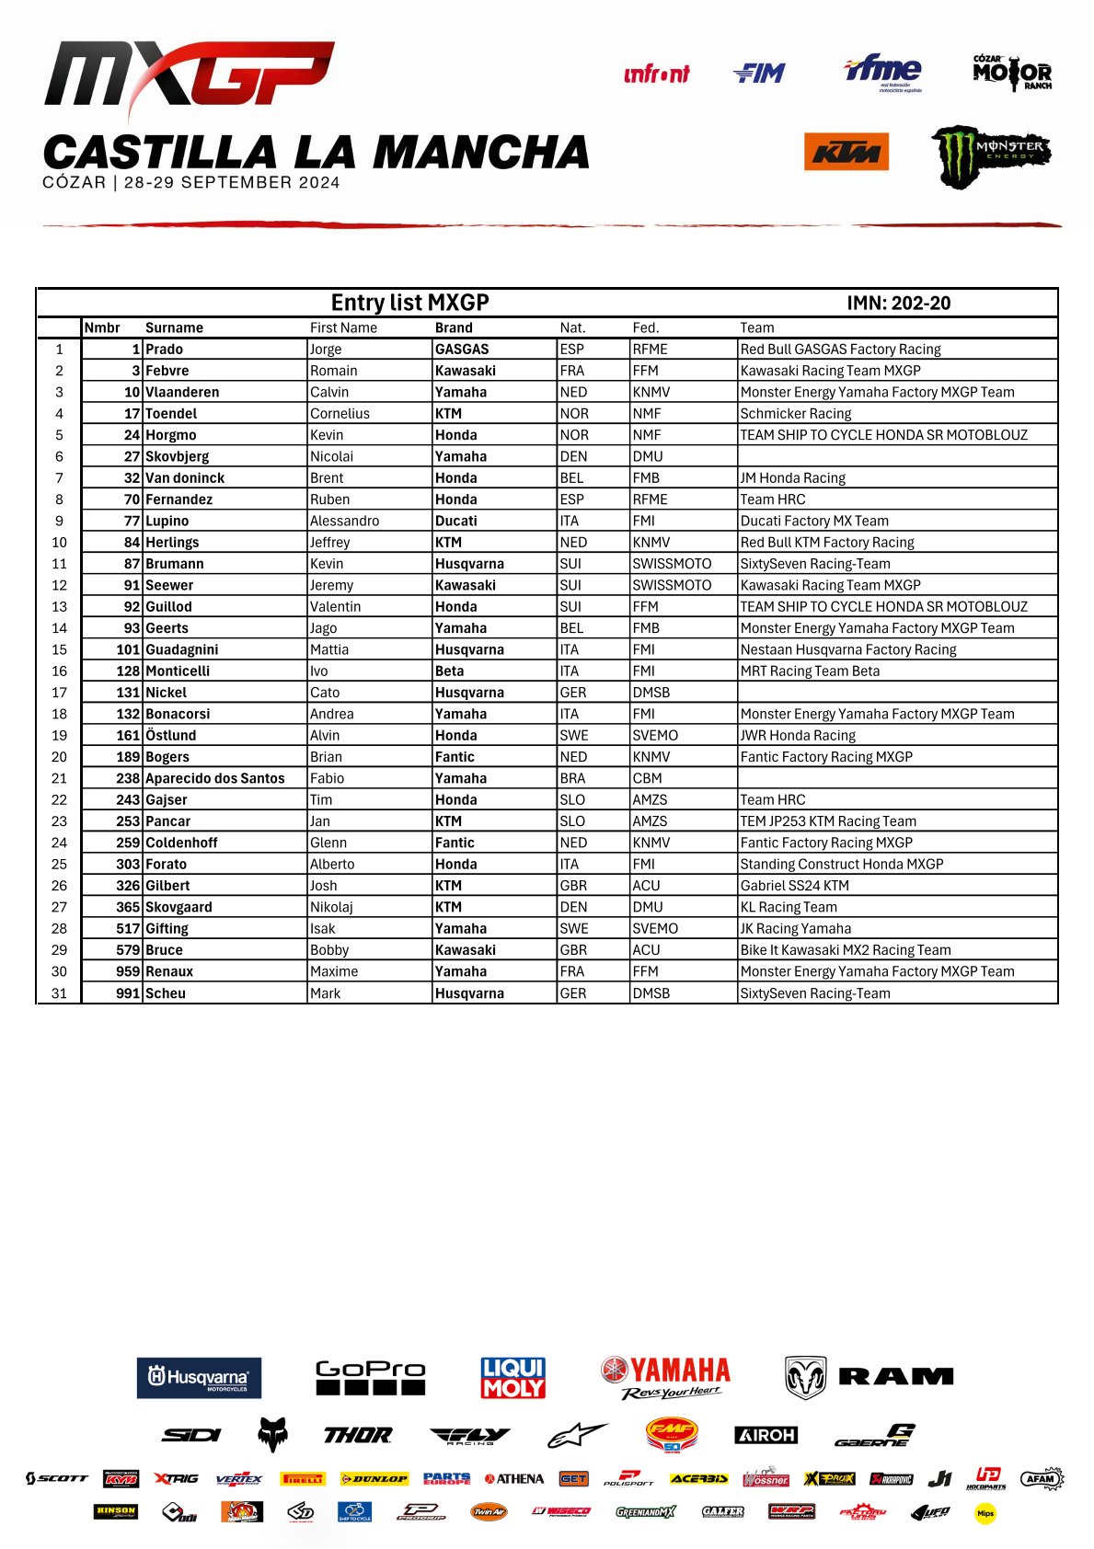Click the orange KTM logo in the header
click(x=846, y=152)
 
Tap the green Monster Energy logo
click(x=990, y=155)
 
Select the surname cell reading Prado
click(x=165, y=350)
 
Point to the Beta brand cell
click(x=449, y=671)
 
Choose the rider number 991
click(x=128, y=993)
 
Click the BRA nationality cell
click(x=572, y=778)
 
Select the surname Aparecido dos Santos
click(x=215, y=778)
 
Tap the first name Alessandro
click(x=344, y=521)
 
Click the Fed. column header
click(x=646, y=327)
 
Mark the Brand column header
click(x=454, y=327)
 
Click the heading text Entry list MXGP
click(x=409, y=303)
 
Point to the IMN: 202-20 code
click(x=898, y=304)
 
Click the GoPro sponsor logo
click(x=370, y=1377)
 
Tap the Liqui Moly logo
click(x=513, y=1378)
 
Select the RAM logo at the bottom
click(x=869, y=1377)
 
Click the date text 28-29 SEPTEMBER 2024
click(x=232, y=182)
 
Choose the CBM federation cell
click(x=647, y=778)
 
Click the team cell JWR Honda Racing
click(x=798, y=736)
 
